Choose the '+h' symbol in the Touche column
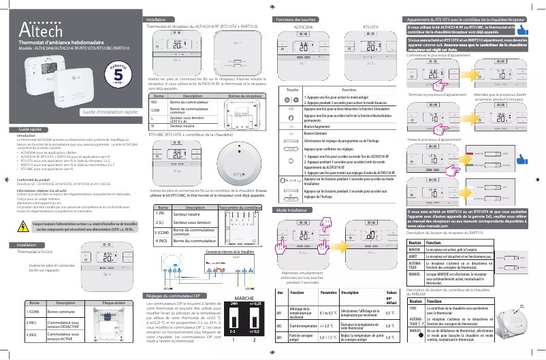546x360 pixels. [x=291, y=109]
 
